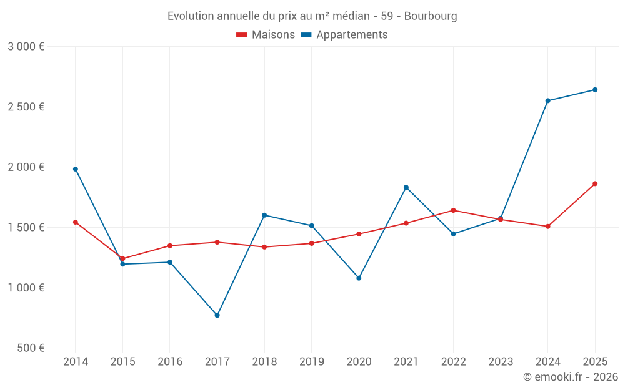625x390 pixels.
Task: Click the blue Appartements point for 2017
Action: click(217, 315)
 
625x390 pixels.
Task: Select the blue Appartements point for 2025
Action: click(595, 90)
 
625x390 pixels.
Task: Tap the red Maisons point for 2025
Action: click(595, 183)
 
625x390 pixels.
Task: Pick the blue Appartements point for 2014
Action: click(76, 169)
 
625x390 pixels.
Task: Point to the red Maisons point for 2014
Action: click(76, 222)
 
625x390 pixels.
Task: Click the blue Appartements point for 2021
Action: click(406, 187)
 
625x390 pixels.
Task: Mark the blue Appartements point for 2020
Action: click(359, 278)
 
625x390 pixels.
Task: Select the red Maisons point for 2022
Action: click(453, 210)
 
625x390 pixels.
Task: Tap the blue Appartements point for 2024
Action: click(547, 100)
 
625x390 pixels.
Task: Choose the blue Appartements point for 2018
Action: click(264, 215)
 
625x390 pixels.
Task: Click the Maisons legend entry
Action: click(266, 35)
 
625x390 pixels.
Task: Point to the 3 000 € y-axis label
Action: click(26, 47)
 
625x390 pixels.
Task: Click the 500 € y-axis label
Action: click(31, 348)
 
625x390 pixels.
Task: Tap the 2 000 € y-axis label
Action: click(26, 167)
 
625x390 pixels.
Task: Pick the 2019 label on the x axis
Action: click(311, 361)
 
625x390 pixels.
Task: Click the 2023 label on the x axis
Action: click(501, 361)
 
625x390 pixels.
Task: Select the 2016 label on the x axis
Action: click(170, 361)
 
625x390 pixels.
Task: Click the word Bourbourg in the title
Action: click(431, 16)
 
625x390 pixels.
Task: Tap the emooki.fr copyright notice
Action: click(571, 377)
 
